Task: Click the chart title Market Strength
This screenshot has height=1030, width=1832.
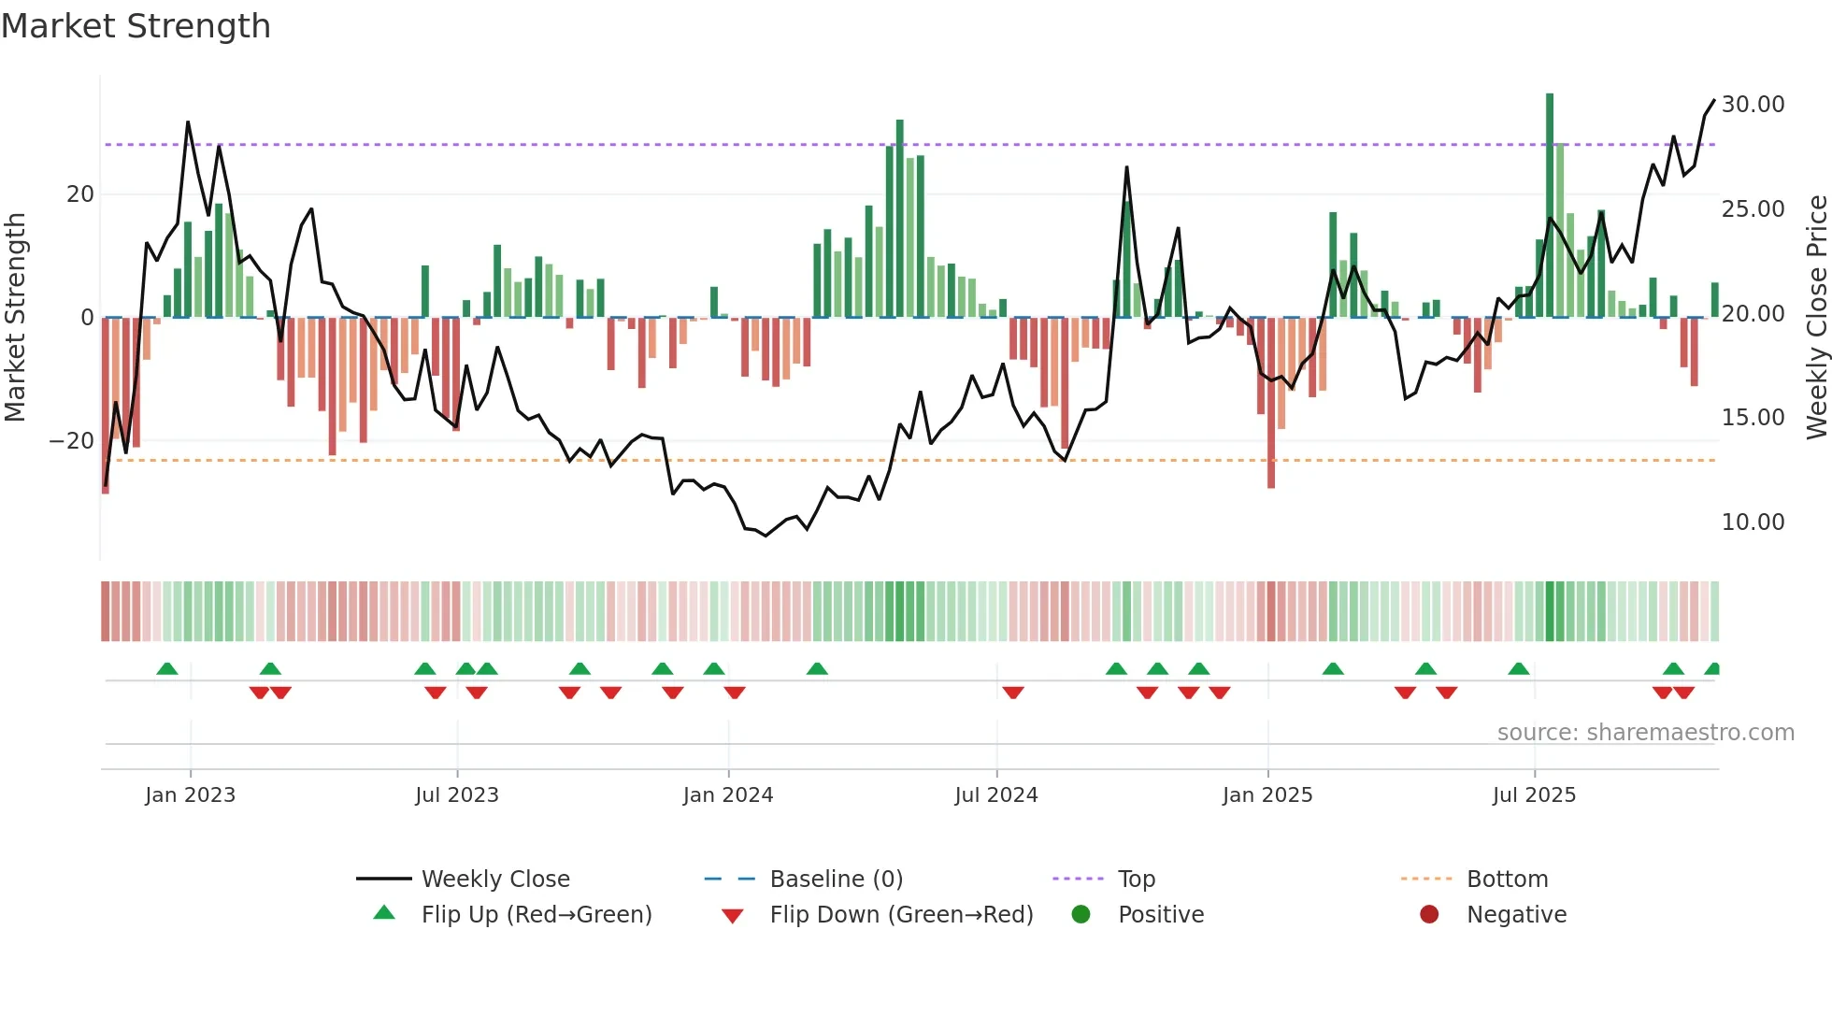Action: click(x=136, y=26)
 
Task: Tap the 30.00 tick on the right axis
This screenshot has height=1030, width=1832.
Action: click(x=1753, y=104)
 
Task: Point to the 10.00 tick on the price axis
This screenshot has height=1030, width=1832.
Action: click(x=1753, y=522)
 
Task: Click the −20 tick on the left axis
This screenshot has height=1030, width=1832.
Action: click(x=72, y=440)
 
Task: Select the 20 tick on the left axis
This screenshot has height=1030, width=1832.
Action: click(x=80, y=193)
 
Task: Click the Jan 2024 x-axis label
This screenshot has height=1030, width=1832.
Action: click(x=728, y=795)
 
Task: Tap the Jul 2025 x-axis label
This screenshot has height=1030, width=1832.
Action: click(x=1534, y=795)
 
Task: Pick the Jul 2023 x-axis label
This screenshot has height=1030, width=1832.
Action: click(x=457, y=795)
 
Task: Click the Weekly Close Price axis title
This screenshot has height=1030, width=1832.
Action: click(x=1816, y=317)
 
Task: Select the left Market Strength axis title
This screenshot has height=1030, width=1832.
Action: click(x=15, y=317)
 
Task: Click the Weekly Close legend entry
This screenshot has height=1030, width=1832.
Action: click(x=495, y=879)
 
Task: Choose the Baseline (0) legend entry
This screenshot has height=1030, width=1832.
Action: click(x=836, y=879)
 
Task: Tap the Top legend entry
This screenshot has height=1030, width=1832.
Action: click(x=1137, y=879)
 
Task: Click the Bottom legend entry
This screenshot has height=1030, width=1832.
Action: click(x=1507, y=879)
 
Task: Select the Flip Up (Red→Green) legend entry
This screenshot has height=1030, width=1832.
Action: click(x=536, y=914)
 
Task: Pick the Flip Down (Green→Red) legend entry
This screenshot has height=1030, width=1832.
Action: click(x=901, y=914)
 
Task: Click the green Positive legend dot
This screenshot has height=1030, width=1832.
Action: click(x=1081, y=914)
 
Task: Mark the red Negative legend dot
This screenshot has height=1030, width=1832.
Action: click(x=1429, y=914)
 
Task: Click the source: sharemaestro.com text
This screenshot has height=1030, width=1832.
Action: click(x=1645, y=732)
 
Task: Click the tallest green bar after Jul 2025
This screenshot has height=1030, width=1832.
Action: click(x=1550, y=206)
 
